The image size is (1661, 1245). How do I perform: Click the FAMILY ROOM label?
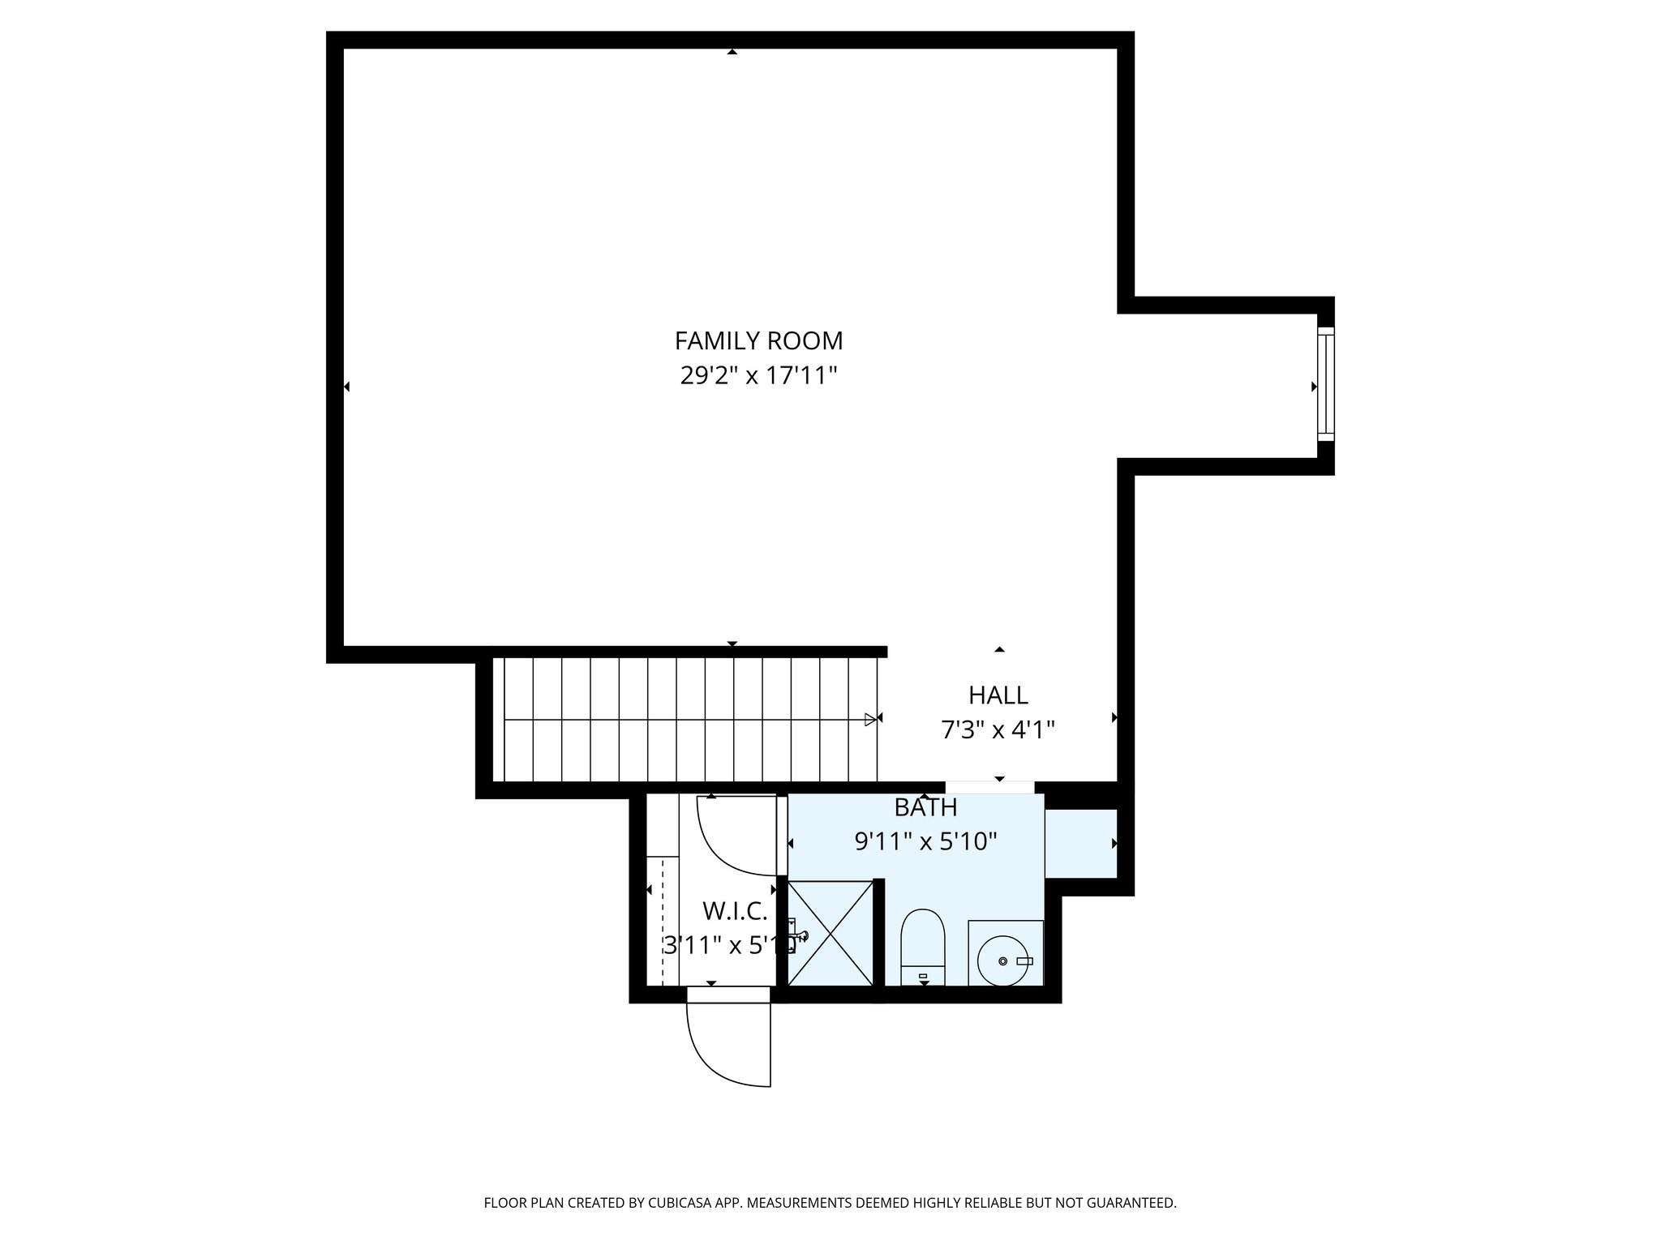(x=758, y=340)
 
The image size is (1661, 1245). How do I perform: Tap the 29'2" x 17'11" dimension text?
(x=758, y=376)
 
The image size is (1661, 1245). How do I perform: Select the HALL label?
(x=998, y=695)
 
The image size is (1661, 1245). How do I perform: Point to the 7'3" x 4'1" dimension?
(x=998, y=730)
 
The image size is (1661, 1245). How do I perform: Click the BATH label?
(x=925, y=807)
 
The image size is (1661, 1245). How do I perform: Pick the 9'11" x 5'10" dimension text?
(x=925, y=842)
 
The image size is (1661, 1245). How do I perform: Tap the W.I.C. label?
(x=735, y=911)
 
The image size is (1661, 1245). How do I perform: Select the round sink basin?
(x=1003, y=960)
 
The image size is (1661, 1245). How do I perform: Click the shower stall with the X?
(x=830, y=933)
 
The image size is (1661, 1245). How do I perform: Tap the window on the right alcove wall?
(x=1325, y=384)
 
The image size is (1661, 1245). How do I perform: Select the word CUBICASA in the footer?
(x=680, y=1203)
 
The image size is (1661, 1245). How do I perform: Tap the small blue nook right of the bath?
(x=1080, y=843)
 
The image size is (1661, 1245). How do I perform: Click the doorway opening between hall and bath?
(x=989, y=787)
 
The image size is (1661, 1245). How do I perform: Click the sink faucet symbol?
(x=1024, y=960)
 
